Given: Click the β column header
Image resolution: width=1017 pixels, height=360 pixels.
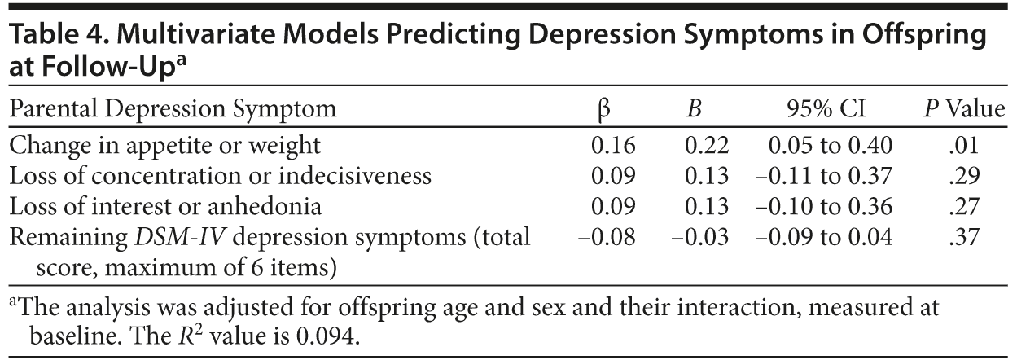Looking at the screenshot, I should pyautogui.click(x=604, y=108).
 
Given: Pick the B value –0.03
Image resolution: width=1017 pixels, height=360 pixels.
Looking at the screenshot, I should pyautogui.click(x=699, y=237).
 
